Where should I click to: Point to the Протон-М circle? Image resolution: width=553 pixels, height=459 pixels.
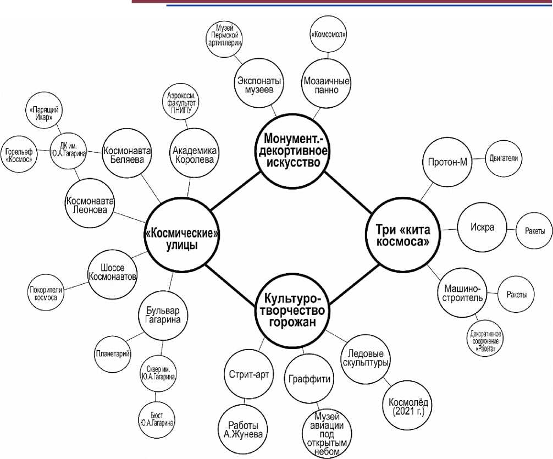(447, 163)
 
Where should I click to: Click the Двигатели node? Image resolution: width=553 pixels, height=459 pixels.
(504, 157)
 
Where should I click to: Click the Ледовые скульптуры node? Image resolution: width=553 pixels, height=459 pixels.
(366, 358)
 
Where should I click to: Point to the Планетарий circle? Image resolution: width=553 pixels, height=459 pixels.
(112, 355)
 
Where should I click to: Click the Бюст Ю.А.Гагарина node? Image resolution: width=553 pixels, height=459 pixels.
(157, 418)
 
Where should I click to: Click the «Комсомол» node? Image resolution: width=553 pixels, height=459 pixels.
(328, 33)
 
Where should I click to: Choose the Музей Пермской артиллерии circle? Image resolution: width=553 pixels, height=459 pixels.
(225, 36)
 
